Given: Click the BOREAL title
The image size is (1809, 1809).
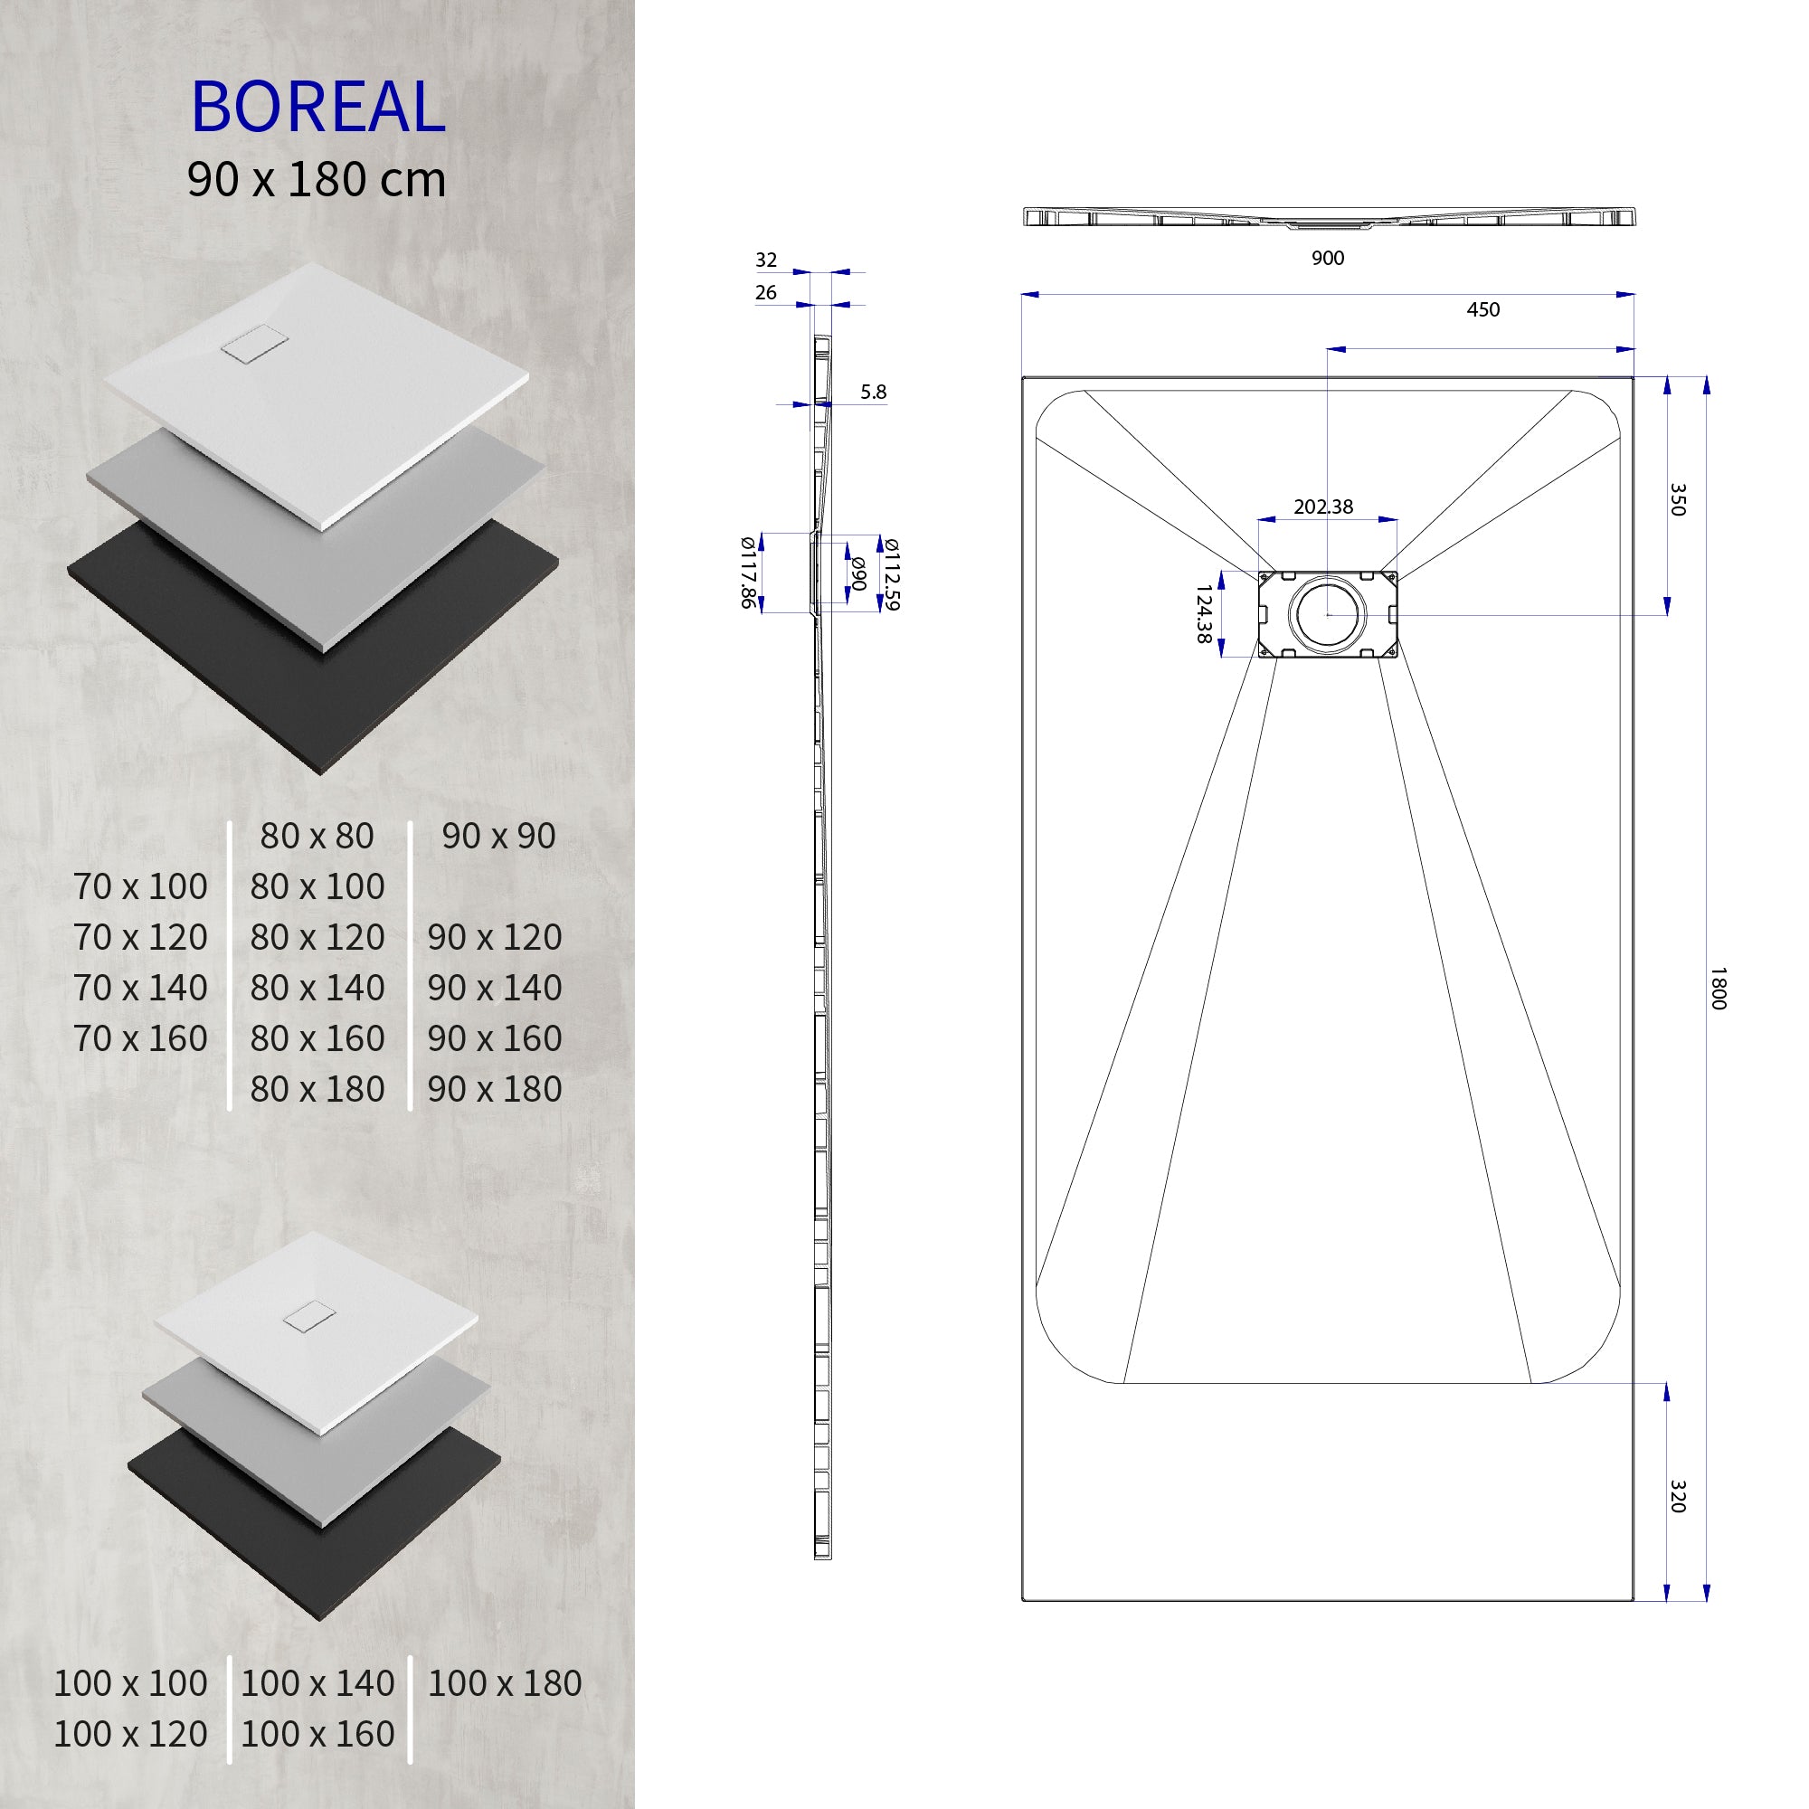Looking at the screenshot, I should (318, 106).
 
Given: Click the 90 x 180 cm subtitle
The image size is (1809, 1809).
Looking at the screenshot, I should (317, 179).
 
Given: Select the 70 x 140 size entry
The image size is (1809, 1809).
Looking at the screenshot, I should (140, 987).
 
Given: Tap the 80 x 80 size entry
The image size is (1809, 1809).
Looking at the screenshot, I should (317, 835).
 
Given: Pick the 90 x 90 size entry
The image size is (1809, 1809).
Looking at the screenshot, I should (498, 835).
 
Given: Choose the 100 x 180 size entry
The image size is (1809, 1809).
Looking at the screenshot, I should (505, 1682).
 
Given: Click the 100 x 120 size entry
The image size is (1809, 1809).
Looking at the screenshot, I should (130, 1733).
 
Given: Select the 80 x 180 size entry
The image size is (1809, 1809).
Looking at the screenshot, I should (317, 1088).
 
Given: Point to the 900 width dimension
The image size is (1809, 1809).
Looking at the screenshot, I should (1327, 259).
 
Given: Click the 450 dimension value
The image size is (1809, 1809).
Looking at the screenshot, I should (1482, 310).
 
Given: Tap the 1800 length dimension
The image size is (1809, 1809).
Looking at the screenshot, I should (1718, 989).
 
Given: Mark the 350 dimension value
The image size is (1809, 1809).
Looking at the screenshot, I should (1677, 499).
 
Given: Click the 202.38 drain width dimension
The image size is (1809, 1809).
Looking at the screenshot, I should (1323, 507).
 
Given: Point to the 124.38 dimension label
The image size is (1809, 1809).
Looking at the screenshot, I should (1204, 614).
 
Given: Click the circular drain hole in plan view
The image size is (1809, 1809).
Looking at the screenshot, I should (1328, 614).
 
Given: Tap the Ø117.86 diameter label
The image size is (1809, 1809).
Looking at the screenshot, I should (747, 573).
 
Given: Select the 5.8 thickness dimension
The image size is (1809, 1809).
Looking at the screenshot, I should (873, 393).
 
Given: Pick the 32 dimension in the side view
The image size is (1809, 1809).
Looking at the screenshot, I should (766, 260).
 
